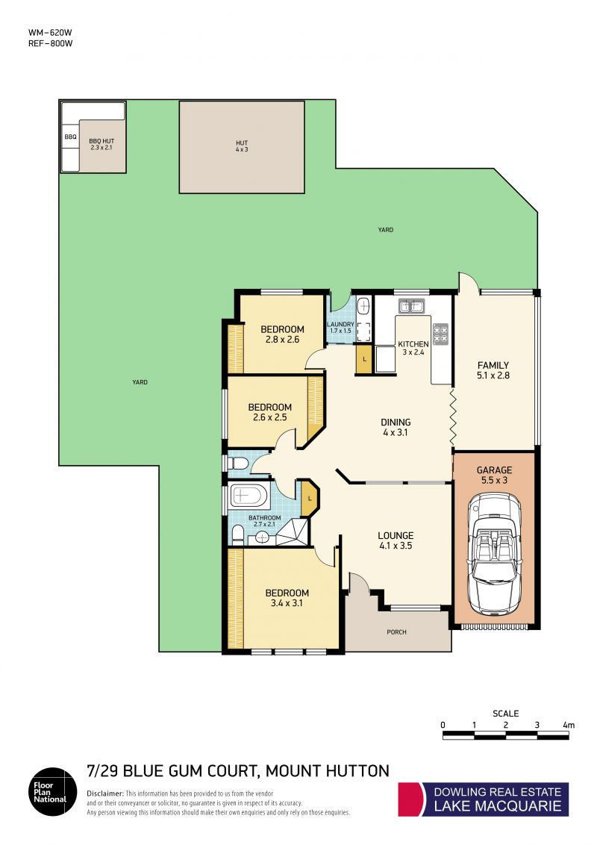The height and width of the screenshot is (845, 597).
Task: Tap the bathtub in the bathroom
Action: [x=249, y=496]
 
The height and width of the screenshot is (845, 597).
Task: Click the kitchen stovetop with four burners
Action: [x=441, y=334]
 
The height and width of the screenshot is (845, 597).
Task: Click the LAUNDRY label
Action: [x=340, y=325]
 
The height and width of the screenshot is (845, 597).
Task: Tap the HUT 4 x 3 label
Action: [x=242, y=146]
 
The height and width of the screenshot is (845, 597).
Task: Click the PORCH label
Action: [x=396, y=632]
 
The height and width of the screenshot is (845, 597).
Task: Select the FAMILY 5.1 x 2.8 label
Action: [x=493, y=370]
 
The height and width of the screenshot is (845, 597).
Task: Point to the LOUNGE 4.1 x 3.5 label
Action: [x=396, y=540]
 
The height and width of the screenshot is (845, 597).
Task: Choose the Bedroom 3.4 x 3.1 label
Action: [x=287, y=598]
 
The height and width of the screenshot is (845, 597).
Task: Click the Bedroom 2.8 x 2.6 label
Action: [x=282, y=334]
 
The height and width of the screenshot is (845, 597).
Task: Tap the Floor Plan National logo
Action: [x=53, y=792]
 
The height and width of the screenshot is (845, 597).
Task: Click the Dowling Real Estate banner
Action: [x=484, y=799]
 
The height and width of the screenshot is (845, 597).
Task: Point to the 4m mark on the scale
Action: [x=569, y=726]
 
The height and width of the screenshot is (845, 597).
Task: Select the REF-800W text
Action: [x=50, y=43]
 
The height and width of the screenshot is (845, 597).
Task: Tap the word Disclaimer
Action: [x=104, y=793]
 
